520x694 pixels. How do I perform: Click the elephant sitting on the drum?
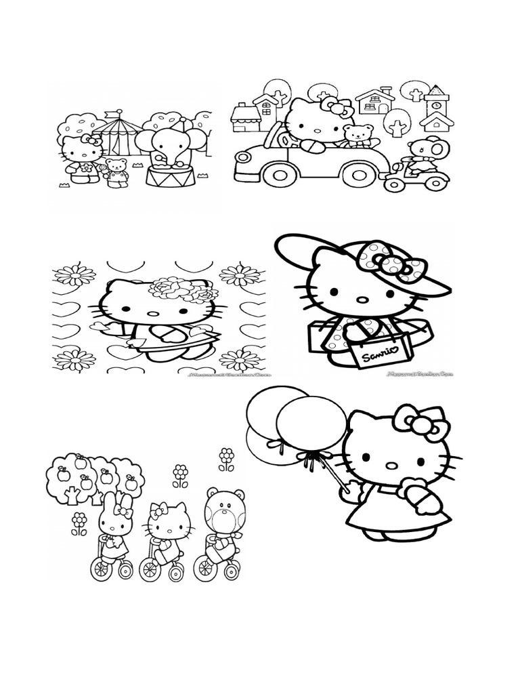[x=166, y=147]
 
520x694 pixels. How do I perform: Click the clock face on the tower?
[x=435, y=104]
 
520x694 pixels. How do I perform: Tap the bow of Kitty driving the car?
[x=337, y=107]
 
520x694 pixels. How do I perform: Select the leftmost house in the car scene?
[x=244, y=118]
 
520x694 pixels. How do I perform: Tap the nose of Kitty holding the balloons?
[x=391, y=465]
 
